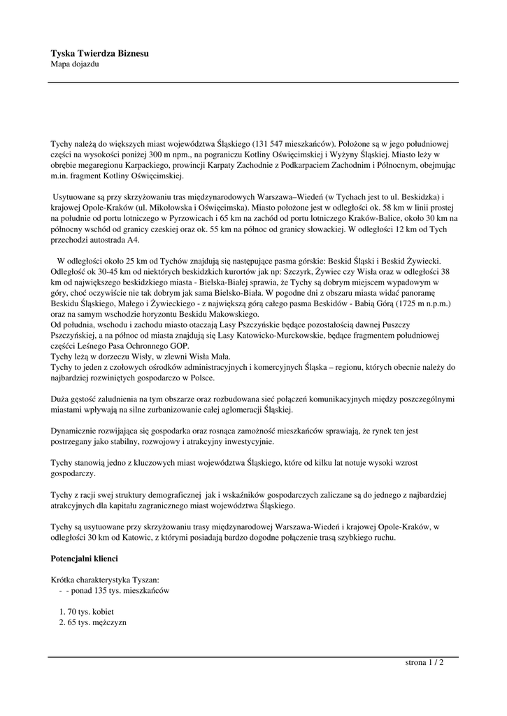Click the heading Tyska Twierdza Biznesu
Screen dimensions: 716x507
point(99,53)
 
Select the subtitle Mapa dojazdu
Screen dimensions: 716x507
point(75,64)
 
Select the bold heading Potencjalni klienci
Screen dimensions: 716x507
point(85,559)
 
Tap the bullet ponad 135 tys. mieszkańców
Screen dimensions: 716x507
point(118,591)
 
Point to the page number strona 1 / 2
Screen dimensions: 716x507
point(424,662)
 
